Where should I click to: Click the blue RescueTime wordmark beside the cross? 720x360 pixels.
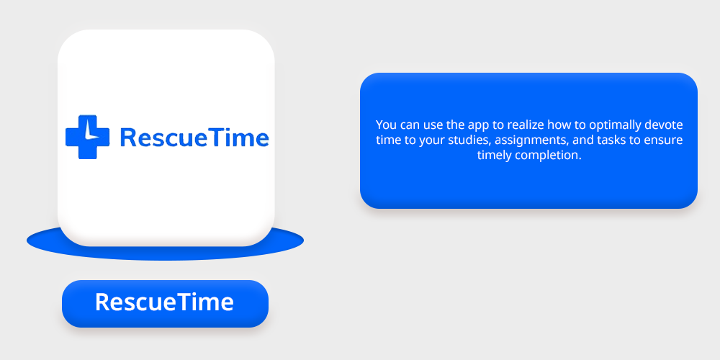pyautogui.click(x=194, y=138)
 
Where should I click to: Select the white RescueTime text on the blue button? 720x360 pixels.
pyautogui.click(x=164, y=302)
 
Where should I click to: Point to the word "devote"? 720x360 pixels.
pyautogui.click(x=664, y=125)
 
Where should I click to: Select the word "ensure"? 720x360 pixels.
pyautogui.click(x=664, y=140)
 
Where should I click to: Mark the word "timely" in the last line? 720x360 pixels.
pyautogui.click(x=494, y=156)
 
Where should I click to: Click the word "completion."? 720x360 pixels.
pyautogui.click(x=548, y=156)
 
